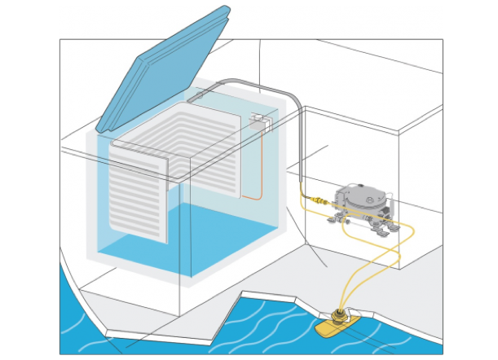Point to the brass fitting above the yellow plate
click(339, 314)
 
